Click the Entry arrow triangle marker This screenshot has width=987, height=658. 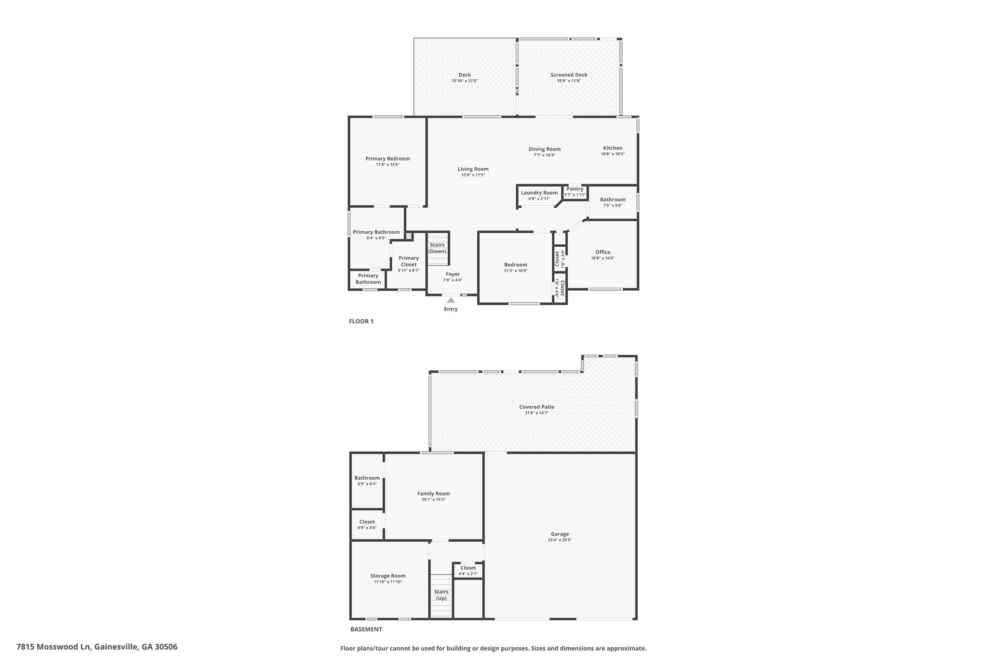451,300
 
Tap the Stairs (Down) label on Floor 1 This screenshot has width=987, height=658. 438,248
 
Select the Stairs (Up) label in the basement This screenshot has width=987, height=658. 441,595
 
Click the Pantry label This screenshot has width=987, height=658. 575,189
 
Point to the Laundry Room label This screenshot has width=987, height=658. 539,193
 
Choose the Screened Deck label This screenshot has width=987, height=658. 569,75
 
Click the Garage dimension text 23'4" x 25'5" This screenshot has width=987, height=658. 560,540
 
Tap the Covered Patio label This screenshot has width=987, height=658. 537,407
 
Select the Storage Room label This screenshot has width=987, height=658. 388,576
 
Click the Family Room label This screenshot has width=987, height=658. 434,494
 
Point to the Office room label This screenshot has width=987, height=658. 603,252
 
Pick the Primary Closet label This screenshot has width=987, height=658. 409,261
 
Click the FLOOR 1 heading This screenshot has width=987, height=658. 361,321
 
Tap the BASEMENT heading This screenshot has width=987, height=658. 366,629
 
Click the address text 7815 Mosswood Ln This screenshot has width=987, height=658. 53,647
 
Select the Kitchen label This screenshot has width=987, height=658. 613,148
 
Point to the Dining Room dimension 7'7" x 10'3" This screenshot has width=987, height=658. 545,155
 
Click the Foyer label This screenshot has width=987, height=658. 453,274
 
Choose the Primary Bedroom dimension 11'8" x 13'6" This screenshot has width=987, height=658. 388,165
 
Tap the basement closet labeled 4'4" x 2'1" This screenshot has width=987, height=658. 468,571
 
